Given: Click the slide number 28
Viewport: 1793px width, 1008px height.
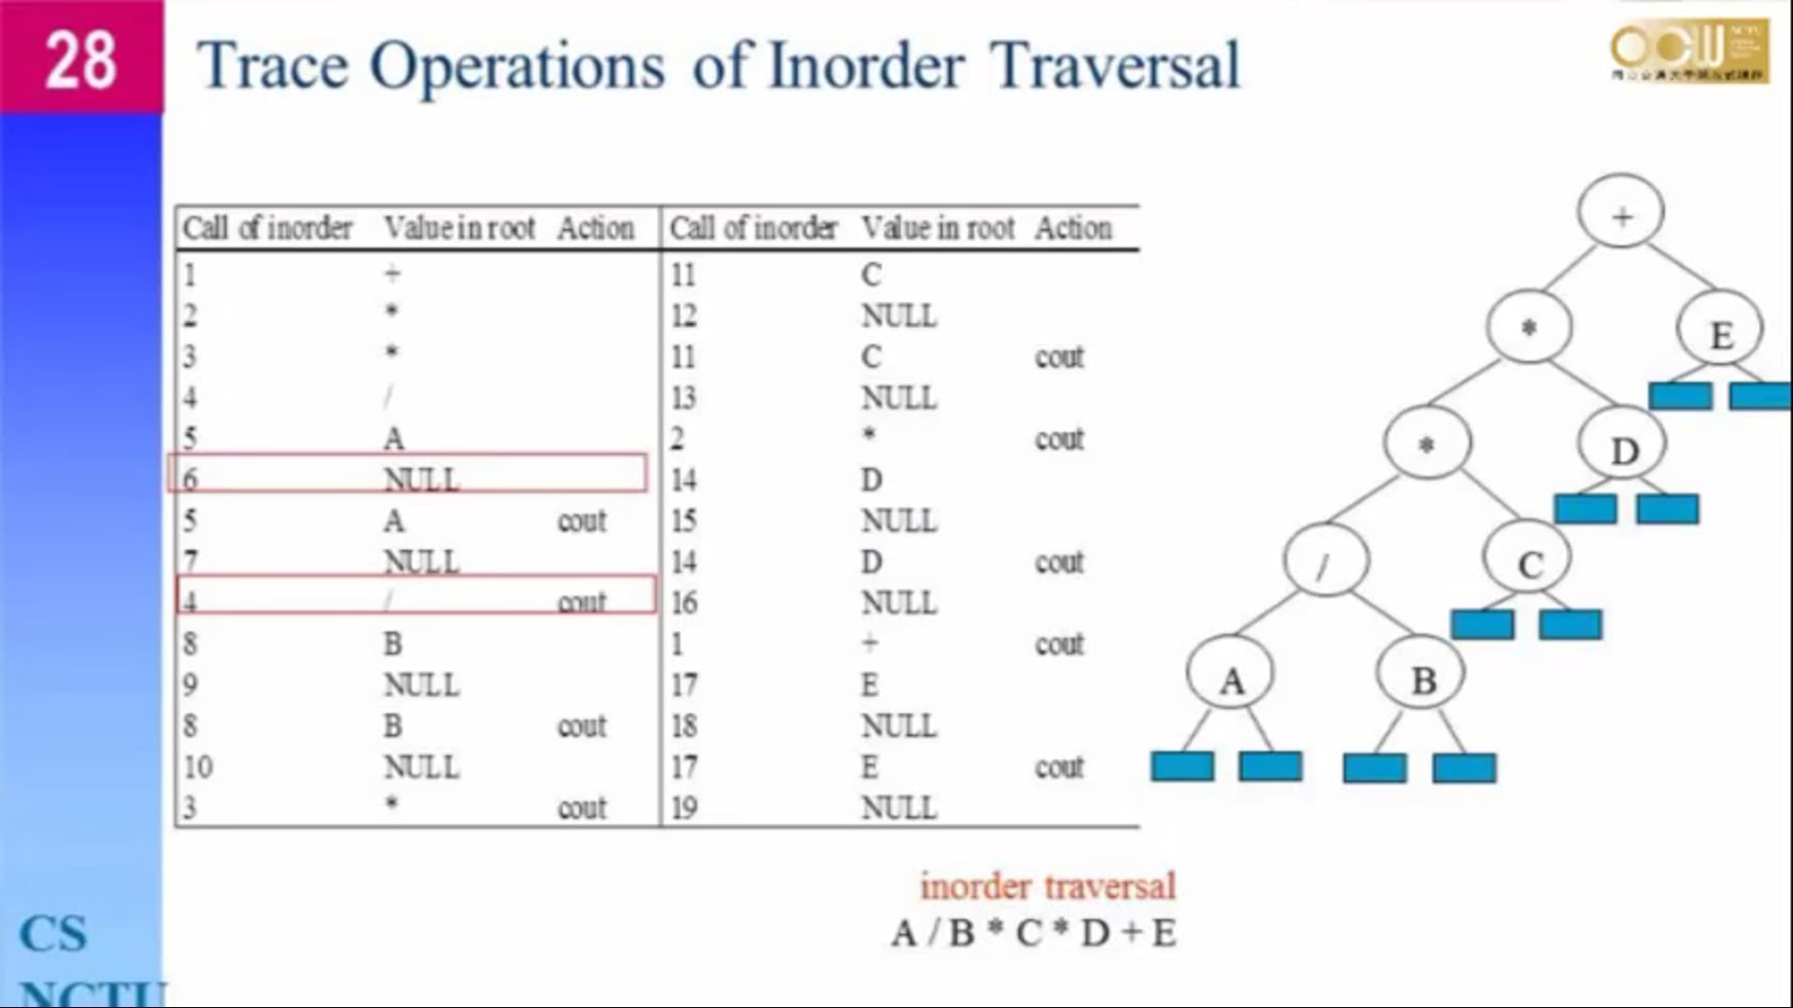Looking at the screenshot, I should coord(80,60).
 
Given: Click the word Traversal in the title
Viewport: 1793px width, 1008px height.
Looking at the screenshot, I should coord(1115,65).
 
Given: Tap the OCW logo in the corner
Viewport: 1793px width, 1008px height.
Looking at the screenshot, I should coord(1688,50).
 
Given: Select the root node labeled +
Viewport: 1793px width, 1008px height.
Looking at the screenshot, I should coord(1621,215).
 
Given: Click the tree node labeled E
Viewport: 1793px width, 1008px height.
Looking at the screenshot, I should coord(1720,332).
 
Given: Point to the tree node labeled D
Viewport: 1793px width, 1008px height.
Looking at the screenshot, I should coord(1623,449).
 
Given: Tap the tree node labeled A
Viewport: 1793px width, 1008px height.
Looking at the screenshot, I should coord(1231,679).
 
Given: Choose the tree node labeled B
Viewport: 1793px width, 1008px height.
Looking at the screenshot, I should coord(1422,679).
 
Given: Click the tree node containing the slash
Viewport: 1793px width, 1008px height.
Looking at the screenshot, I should coord(1324,564).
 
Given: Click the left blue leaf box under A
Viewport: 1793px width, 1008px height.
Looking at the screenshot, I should coord(1182,766).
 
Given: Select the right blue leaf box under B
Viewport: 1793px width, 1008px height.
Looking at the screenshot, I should coord(1464,768).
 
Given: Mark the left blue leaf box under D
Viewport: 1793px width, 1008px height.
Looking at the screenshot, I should coord(1585,510).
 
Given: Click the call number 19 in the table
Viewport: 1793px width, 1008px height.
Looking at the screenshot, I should coord(684,807).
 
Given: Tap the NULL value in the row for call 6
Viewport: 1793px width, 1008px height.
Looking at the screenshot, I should coord(421,479).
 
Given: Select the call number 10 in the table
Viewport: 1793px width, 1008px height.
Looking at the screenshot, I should coord(198,766).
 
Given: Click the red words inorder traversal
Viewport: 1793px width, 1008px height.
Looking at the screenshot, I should coord(1047,886).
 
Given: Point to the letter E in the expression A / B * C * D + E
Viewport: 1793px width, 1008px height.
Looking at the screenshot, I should coord(1164,932).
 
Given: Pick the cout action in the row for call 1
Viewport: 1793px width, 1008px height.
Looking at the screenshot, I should coord(1059,643).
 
